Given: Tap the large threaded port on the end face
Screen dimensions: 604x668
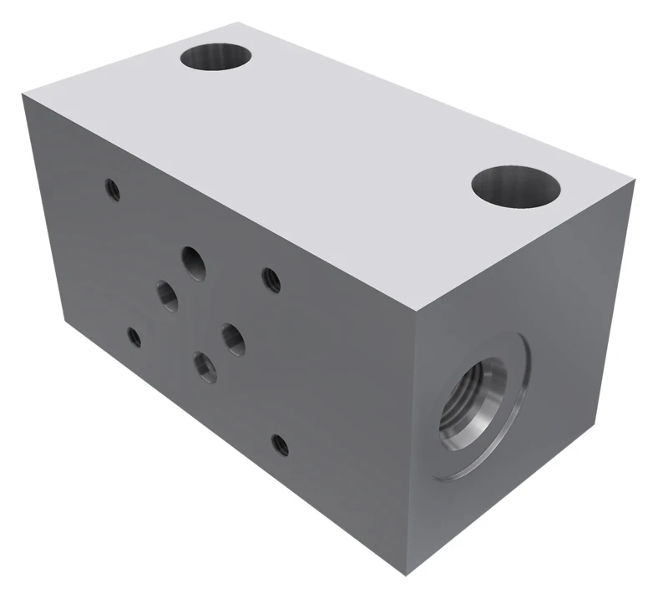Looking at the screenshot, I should (475, 404).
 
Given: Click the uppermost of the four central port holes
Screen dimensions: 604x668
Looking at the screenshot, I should (195, 261).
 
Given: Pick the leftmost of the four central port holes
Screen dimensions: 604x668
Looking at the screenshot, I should (167, 295).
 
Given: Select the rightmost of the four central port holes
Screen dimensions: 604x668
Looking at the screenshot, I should (233, 338).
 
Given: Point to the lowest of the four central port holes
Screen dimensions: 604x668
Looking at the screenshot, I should (205, 366).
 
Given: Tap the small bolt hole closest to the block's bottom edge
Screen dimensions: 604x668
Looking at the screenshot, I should (281, 444).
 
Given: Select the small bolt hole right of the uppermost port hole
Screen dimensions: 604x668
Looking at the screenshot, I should (271, 278).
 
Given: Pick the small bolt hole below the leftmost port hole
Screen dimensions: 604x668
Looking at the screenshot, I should (134, 337).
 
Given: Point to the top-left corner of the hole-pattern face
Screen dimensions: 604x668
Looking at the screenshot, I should (23, 94).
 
